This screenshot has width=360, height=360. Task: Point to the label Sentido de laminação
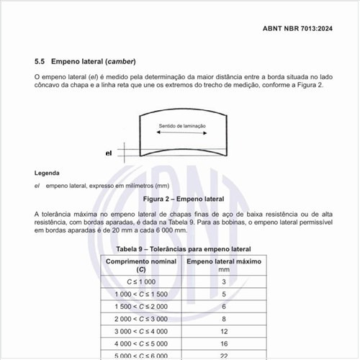click(x=182, y=126)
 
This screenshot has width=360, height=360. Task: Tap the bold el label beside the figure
click(x=109, y=153)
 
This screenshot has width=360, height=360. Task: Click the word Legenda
click(x=48, y=174)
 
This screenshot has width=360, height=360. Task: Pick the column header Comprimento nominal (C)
click(x=141, y=264)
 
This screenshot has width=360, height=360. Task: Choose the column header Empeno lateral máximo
click(x=223, y=260)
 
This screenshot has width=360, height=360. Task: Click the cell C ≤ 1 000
click(x=141, y=282)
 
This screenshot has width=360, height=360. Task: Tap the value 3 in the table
click(x=224, y=282)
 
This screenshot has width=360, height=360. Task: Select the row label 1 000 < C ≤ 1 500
click(x=141, y=294)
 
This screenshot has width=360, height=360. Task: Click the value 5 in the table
click(x=224, y=294)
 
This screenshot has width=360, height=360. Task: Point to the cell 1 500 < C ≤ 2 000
click(x=141, y=306)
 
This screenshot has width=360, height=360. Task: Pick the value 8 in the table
click(x=224, y=318)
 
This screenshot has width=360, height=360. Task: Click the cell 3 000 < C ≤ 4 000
click(x=141, y=330)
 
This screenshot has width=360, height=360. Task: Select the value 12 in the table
click(x=224, y=330)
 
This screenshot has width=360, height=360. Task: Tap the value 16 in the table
click(x=224, y=343)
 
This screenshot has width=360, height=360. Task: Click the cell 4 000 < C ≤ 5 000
click(x=141, y=343)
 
